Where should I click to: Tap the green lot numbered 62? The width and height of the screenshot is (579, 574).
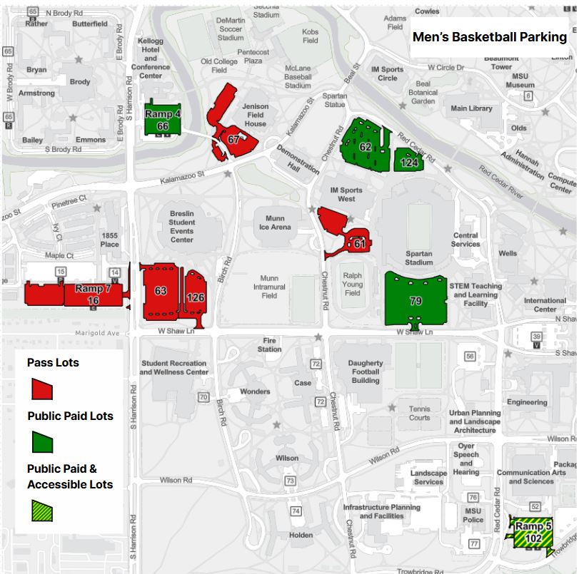[x=364, y=148]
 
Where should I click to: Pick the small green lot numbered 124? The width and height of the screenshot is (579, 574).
[x=409, y=162]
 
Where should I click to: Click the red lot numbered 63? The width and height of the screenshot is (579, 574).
[x=161, y=292]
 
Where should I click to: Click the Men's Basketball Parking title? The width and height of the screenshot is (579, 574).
[x=489, y=37]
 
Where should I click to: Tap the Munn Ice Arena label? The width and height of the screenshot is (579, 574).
[x=276, y=222]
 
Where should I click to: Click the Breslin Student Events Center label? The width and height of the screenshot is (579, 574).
[x=182, y=226]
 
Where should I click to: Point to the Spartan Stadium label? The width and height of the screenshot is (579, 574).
[x=419, y=258]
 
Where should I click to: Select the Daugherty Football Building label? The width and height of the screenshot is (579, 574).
[x=366, y=371]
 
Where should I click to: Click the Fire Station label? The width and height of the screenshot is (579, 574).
[x=270, y=345]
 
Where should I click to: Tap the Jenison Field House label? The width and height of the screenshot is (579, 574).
[x=255, y=115]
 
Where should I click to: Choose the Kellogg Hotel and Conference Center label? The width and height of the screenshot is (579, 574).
[x=151, y=58]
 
